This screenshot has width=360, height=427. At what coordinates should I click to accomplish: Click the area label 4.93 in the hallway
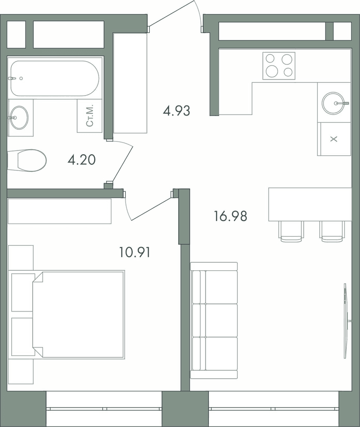(x=176, y=111)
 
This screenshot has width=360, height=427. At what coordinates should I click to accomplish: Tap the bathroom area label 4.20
(x=81, y=160)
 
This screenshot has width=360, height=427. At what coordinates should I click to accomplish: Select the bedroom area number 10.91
(x=135, y=252)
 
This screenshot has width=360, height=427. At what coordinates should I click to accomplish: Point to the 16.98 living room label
(x=231, y=216)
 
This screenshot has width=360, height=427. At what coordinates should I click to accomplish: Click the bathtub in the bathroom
(x=54, y=79)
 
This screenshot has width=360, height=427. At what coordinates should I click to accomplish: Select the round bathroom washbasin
(x=19, y=117)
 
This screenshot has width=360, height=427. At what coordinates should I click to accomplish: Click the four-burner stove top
(x=279, y=66)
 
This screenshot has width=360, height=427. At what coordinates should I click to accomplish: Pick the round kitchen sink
(x=333, y=103)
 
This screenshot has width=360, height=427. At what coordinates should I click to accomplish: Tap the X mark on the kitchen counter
(x=333, y=139)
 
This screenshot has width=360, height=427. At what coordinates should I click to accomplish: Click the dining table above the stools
(x=310, y=204)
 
